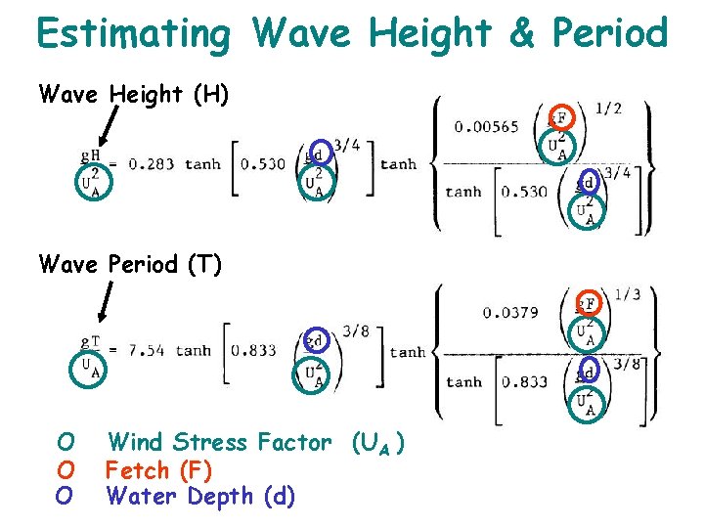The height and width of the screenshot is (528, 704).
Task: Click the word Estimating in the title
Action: coord(132,34)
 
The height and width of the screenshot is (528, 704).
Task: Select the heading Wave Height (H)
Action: coord(134,94)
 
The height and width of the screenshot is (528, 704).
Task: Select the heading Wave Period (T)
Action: coord(130,264)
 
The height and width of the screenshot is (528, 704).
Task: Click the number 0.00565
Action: coord(486,126)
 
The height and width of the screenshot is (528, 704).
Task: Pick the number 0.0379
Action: coord(510,313)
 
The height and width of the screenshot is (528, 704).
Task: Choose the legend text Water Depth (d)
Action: coord(199,496)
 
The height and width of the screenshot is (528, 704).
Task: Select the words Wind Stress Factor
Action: coord(220,443)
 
